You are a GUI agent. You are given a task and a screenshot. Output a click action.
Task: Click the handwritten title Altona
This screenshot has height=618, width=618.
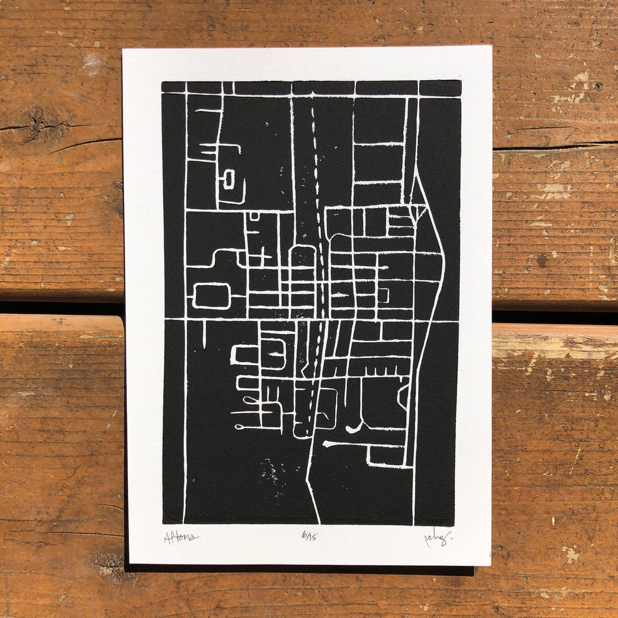click(x=181, y=538)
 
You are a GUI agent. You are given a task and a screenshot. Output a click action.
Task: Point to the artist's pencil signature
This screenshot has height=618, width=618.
click(x=437, y=538)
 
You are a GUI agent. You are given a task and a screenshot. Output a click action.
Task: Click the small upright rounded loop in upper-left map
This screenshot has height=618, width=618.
click(x=229, y=179)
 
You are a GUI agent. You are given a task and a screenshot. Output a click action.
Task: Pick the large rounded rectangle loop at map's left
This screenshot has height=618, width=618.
click(x=212, y=295)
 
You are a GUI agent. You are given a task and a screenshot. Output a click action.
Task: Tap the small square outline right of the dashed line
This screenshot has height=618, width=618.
click(x=383, y=295)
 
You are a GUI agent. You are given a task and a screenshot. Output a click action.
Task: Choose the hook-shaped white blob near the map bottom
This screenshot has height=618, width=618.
click(x=352, y=429)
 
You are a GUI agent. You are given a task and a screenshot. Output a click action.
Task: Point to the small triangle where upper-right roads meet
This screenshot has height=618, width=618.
click(x=419, y=211)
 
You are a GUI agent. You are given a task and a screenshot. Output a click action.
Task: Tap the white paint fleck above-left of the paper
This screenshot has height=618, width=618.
click(x=93, y=63)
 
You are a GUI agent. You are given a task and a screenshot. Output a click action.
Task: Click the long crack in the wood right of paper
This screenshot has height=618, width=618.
click(x=553, y=147)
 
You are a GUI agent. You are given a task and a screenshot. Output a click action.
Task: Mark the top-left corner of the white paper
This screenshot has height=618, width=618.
click(x=124, y=50)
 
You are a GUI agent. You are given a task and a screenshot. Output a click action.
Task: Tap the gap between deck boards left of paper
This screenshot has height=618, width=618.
click(x=60, y=308)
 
